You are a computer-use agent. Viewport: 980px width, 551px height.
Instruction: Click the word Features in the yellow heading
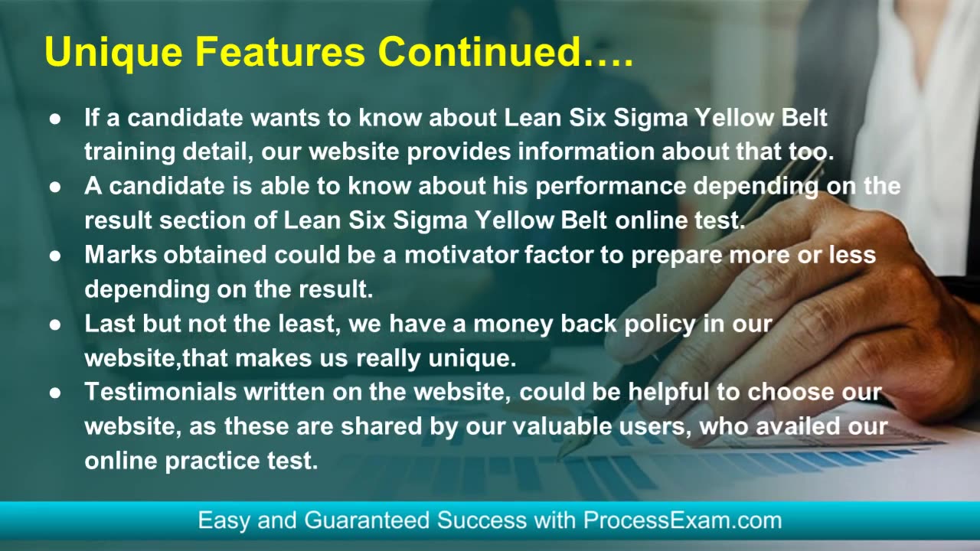pos(279,51)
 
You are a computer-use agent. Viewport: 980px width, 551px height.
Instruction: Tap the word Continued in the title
pos(480,51)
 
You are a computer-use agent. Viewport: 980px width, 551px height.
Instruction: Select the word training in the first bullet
pos(130,152)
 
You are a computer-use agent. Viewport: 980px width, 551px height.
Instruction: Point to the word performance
pos(611,186)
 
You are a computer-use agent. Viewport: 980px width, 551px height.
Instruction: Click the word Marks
pos(120,255)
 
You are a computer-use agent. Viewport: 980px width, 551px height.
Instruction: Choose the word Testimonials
pos(161,391)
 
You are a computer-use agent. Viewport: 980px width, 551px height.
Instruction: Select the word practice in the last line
pos(212,461)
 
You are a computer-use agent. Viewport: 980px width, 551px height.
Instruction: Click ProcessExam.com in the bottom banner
pos(682,520)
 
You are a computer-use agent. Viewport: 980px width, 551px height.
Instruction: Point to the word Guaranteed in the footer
pos(367,520)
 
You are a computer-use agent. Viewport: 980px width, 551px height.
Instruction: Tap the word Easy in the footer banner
pos(224,521)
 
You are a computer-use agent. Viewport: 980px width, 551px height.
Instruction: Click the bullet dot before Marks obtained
pos(55,256)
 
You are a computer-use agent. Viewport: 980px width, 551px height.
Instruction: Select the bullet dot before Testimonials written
pos(55,393)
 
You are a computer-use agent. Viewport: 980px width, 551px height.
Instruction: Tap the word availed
pos(798,426)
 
